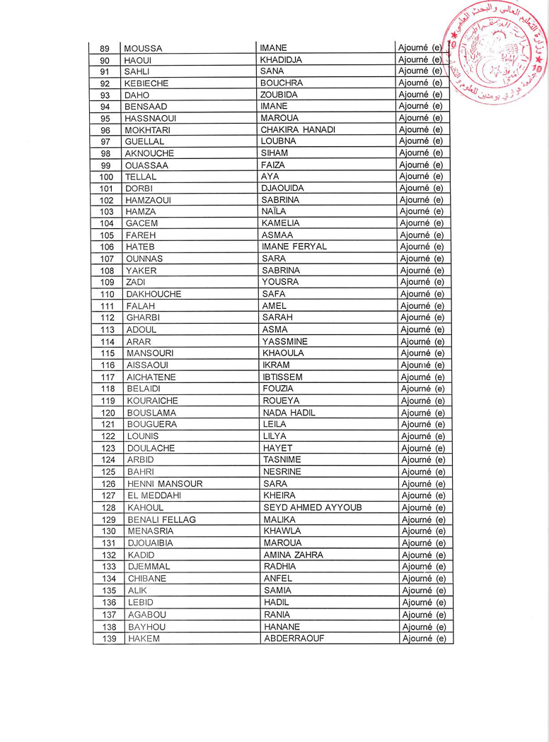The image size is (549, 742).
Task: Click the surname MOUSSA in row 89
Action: click(x=143, y=49)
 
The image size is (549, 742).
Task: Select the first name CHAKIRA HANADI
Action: click(x=297, y=130)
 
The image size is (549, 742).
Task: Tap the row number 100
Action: click(x=107, y=177)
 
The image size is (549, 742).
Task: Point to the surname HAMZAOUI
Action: click(x=148, y=200)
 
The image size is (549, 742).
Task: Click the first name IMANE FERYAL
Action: click(x=294, y=247)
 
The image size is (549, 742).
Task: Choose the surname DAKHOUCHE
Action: click(x=154, y=294)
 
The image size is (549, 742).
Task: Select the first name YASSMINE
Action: click(x=284, y=341)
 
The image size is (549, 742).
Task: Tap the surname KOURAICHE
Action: click(x=152, y=401)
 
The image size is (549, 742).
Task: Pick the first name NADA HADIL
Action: click(x=289, y=413)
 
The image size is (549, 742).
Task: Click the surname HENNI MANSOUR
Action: click(x=165, y=484)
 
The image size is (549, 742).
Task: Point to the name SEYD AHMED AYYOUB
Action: click(x=313, y=507)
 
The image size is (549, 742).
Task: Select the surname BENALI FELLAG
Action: click(x=161, y=519)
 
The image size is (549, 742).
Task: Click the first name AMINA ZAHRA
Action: click(x=293, y=555)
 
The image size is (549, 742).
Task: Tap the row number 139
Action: click(x=109, y=639)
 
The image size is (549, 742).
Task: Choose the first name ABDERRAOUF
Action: click(x=294, y=639)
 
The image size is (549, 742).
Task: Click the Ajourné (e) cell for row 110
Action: click(x=422, y=294)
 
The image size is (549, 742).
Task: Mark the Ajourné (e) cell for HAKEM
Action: click(x=424, y=639)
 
